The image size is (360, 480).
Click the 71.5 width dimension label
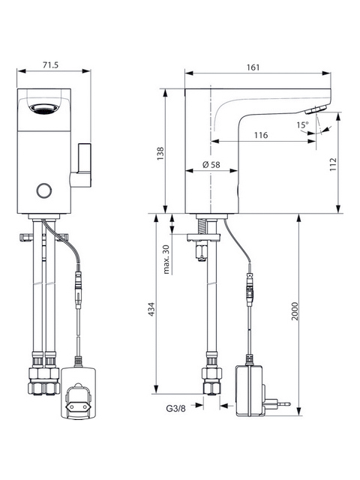(x=50, y=65)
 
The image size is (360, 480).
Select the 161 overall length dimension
(x=253, y=67)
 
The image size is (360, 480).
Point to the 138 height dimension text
(x=160, y=154)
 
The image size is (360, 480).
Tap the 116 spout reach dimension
(x=261, y=135)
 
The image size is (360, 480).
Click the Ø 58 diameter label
(x=211, y=165)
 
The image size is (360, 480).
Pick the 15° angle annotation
(x=303, y=125)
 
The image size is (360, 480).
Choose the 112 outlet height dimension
(x=333, y=164)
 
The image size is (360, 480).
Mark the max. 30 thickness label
(x=166, y=259)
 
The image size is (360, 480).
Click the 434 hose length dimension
(x=151, y=310)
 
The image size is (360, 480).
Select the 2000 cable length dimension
(x=295, y=311)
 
